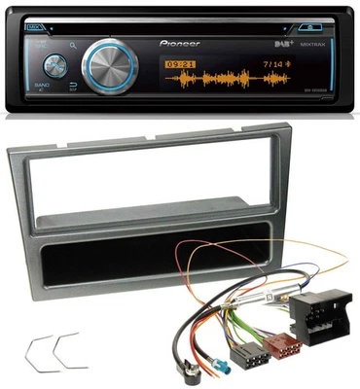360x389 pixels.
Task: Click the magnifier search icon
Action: click(73, 45)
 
